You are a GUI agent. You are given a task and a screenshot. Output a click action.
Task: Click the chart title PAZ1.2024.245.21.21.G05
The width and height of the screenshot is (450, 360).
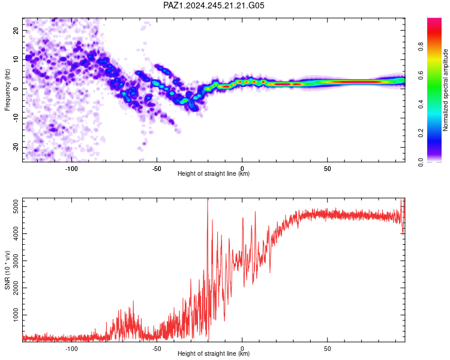214,5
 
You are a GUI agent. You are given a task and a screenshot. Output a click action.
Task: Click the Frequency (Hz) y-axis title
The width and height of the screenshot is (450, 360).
7,90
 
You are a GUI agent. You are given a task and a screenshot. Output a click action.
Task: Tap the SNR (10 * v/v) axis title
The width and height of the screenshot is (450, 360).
7,270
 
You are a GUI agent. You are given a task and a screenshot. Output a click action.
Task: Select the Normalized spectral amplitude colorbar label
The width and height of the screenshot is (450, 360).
445,90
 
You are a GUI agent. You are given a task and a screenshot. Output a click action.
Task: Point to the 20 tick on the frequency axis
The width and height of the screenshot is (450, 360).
16,31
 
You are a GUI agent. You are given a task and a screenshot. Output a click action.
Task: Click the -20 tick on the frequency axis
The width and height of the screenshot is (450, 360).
16,147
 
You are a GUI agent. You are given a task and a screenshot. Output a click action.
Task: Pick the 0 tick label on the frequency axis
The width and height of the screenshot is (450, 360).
16,89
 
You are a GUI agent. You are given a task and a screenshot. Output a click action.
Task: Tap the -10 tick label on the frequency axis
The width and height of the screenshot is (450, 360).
16,118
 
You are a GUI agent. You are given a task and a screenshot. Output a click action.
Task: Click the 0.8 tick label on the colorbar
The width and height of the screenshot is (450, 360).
421,47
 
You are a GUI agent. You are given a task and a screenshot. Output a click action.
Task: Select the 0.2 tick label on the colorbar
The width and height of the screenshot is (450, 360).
421,133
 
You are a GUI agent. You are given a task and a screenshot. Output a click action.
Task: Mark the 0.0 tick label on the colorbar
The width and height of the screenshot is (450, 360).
421,162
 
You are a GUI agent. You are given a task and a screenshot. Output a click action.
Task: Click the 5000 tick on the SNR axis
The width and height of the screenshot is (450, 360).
16,206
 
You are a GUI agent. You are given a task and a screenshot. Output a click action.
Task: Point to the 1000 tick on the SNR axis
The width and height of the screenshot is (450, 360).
16,315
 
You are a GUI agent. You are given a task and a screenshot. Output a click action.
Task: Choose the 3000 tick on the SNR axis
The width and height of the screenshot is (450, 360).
16,260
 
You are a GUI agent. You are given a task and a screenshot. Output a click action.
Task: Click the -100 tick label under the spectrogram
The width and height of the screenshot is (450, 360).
71,169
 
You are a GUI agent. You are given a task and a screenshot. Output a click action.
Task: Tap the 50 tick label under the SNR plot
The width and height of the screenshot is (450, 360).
328,349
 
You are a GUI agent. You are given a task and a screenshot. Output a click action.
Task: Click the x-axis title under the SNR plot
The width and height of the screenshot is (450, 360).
214,353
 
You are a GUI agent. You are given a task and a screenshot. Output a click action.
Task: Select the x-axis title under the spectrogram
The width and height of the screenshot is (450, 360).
214,173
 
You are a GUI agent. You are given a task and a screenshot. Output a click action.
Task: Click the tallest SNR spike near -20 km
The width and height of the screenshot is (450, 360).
208,201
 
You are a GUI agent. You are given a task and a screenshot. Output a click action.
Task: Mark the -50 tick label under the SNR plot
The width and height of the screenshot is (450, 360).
157,349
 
